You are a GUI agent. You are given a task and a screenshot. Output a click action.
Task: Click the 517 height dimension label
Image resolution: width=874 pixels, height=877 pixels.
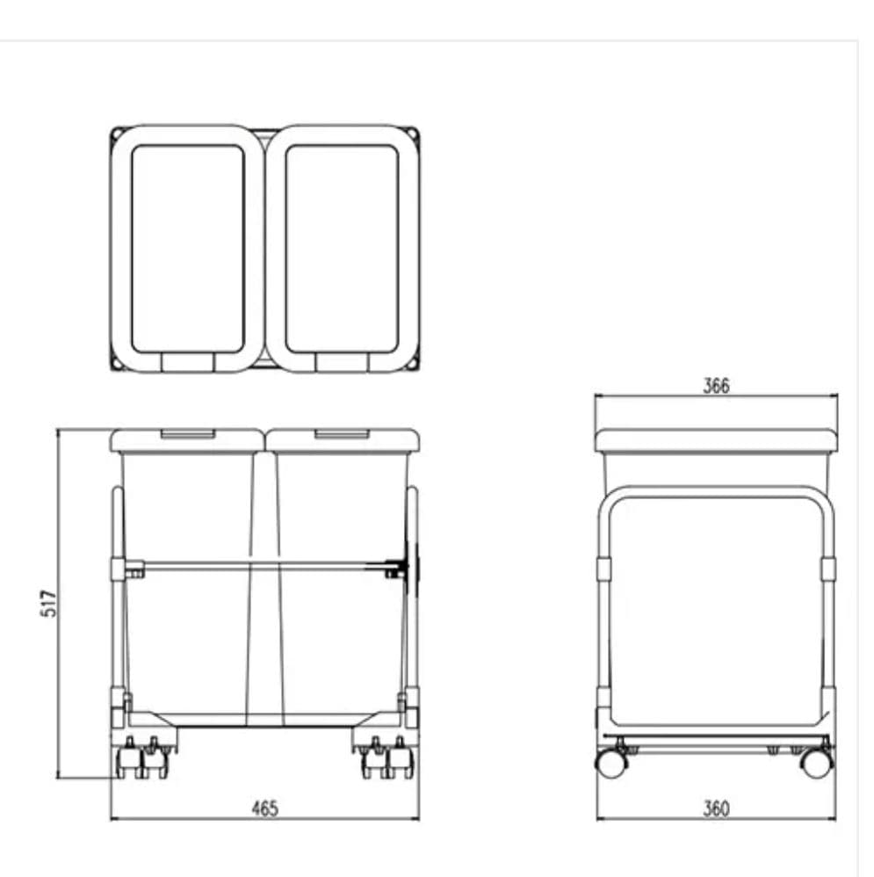point(49,603)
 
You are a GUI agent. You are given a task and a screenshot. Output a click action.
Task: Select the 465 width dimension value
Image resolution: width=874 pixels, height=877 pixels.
point(264,808)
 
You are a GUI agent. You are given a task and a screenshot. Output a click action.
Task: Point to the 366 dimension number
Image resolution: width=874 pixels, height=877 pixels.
point(716,386)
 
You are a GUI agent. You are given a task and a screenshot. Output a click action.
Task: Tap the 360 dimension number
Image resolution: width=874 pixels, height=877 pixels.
point(716,808)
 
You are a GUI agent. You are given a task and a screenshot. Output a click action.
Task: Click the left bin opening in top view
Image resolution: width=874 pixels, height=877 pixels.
point(187,249)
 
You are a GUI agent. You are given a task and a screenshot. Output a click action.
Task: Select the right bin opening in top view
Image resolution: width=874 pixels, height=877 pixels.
point(342,249)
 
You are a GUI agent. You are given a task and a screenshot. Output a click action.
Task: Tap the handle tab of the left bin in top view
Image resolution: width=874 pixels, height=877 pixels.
point(187,362)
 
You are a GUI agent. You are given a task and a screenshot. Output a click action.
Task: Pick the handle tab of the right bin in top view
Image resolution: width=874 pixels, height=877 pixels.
point(342,362)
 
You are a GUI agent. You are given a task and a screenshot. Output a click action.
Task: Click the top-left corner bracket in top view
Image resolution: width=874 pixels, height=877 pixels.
point(116,134)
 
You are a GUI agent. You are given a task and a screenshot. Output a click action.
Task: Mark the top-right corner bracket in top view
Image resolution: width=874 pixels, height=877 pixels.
point(414,134)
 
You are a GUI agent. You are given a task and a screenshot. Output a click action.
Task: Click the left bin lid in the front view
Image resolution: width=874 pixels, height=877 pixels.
point(187,440)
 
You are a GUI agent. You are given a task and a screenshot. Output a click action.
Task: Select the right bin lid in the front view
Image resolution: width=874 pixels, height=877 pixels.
point(343,440)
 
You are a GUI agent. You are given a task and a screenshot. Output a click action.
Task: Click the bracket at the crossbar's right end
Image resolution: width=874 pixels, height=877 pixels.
point(407,568)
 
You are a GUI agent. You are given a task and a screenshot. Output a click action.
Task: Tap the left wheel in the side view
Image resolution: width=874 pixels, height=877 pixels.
point(610,763)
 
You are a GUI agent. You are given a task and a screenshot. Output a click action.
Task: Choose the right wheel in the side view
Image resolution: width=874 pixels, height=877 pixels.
point(817,763)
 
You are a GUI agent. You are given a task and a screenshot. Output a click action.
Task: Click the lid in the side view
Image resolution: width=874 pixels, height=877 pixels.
point(716,441)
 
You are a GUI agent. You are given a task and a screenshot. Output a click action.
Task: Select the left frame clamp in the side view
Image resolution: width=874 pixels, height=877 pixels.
point(603,569)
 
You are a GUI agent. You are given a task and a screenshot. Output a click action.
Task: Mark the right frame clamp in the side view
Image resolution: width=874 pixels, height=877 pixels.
point(828,569)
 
